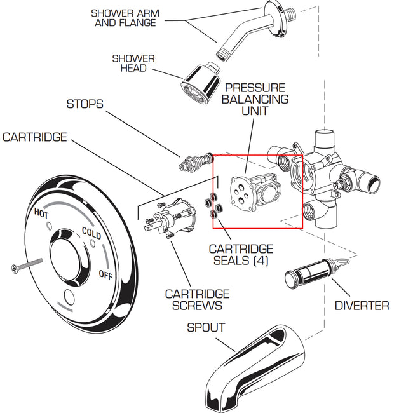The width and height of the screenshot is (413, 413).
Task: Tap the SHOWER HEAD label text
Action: [133, 63]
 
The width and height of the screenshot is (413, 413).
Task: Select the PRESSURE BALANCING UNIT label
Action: [255, 99]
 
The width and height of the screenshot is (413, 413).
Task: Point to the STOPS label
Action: [85, 104]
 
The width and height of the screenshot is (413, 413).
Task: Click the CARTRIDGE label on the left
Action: [35, 137]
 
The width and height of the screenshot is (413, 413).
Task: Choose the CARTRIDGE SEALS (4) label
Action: [241, 255]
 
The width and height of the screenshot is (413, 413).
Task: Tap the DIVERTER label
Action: [362, 306]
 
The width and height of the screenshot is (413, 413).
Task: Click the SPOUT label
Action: [205, 328]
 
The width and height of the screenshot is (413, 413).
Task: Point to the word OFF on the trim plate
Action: [105, 274]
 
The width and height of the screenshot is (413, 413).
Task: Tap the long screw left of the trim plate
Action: [25, 263]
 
